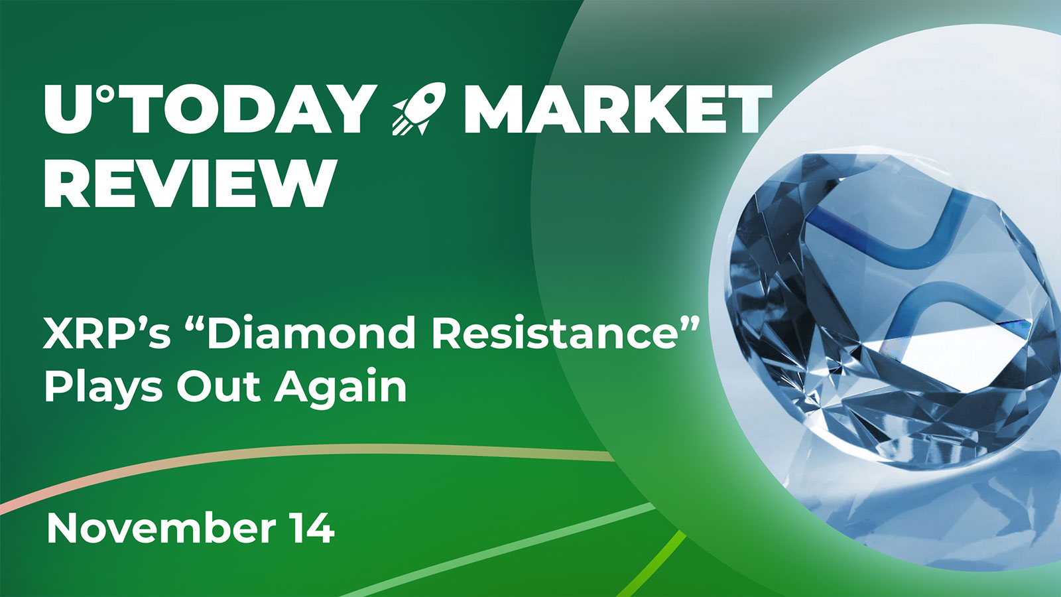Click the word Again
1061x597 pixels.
(x=341, y=388)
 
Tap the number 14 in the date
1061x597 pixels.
(x=310, y=529)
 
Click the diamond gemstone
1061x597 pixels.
(x=882, y=298)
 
